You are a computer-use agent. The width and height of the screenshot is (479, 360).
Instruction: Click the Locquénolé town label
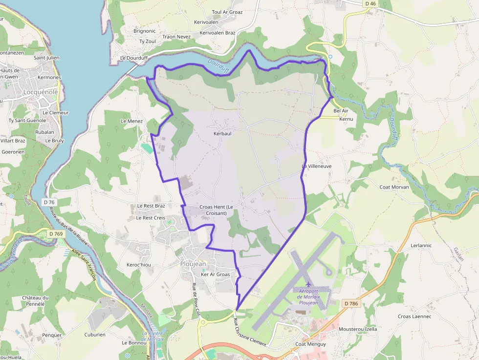pyautogui.click(x=40, y=92)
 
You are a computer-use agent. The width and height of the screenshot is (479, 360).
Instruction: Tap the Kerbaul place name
pyautogui.click(x=222, y=133)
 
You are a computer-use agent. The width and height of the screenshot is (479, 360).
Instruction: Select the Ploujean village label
pyautogui.click(x=193, y=264)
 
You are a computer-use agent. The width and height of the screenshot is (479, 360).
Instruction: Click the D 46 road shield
pyautogui.click(x=370, y=3)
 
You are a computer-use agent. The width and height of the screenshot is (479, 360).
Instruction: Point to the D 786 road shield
pyautogui.click(x=351, y=304)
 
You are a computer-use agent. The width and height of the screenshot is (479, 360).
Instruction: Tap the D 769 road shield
pyautogui.click(x=57, y=234)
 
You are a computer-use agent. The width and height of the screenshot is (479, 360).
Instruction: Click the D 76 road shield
pyautogui.click(x=49, y=202)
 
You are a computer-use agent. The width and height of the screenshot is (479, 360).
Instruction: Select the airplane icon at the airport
pyautogui.click(x=308, y=284)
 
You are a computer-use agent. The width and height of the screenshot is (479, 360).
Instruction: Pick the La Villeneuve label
pyautogui.click(x=316, y=167)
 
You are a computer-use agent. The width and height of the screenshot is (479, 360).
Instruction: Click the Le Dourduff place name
pyautogui.click(x=133, y=58)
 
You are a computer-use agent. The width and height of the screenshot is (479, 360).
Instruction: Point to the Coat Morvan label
pyautogui.click(x=394, y=187)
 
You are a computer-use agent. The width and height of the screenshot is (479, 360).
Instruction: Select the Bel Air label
pyautogui.click(x=341, y=111)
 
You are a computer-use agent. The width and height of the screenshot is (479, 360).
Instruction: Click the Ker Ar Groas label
pyautogui.click(x=215, y=275)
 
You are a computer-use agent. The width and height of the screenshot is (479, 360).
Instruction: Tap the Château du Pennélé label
pyautogui.click(x=36, y=301)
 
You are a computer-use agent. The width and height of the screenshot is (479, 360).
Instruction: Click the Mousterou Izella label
pyautogui.click(x=358, y=329)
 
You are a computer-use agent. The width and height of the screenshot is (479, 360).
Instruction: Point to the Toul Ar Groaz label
pyautogui.click(x=227, y=12)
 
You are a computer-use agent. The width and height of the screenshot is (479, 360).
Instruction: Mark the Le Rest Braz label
pyautogui.click(x=151, y=206)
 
